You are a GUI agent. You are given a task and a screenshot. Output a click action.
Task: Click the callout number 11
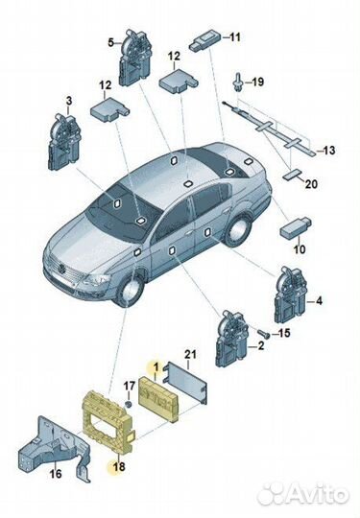(x=235, y=37)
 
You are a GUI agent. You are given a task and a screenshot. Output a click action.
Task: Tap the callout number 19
(x=257, y=82)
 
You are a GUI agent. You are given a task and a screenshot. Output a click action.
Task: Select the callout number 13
(x=328, y=151)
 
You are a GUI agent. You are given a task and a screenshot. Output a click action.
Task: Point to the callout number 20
(x=311, y=183)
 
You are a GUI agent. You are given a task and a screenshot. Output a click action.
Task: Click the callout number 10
(x=300, y=248)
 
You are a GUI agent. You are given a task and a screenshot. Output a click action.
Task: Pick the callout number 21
(x=190, y=355)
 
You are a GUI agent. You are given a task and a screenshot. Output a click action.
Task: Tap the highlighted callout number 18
(x=119, y=466)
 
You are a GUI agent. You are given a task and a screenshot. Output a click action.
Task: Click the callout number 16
(x=56, y=474)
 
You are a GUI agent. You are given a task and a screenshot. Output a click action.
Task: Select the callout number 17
(x=130, y=386)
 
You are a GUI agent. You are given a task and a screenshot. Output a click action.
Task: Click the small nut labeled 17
(x=129, y=404)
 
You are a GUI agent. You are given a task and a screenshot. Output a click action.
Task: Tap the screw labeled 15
(x=264, y=334)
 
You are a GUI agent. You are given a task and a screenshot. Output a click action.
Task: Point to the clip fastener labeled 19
(x=238, y=82)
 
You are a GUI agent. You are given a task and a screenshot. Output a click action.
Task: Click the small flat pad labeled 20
(x=292, y=175)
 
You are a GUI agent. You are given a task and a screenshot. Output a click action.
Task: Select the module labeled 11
(x=205, y=39)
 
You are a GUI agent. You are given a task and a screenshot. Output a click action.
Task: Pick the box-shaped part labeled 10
(x=296, y=227)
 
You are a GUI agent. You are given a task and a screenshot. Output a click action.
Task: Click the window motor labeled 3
(x=64, y=142)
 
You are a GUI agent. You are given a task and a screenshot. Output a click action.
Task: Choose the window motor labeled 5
(x=135, y=59)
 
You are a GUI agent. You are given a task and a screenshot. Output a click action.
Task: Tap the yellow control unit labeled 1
(x=160, y=399)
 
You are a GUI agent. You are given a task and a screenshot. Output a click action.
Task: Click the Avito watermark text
(x=303, y=494)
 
